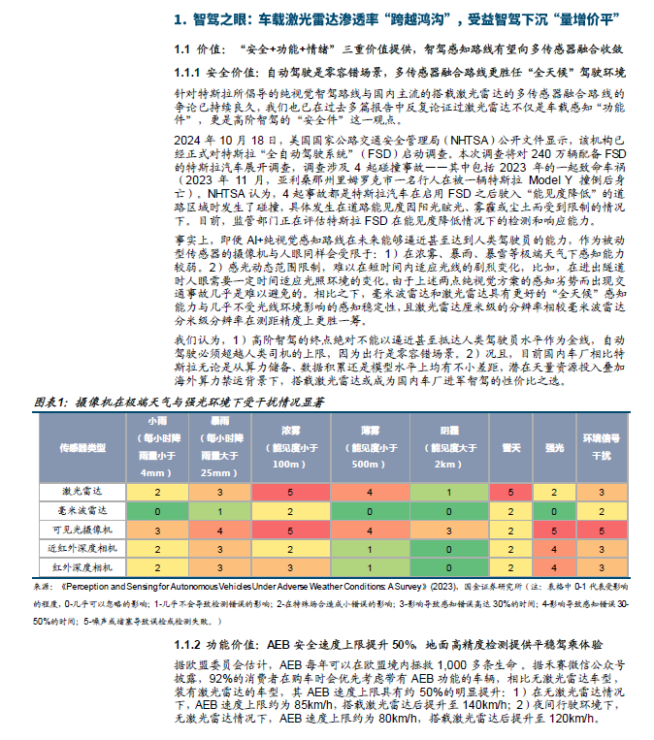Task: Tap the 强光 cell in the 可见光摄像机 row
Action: [554, 531]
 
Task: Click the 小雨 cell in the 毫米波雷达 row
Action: [158, 511]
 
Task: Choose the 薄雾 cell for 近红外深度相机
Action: [370, 549]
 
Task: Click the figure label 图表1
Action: [49, 401]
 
